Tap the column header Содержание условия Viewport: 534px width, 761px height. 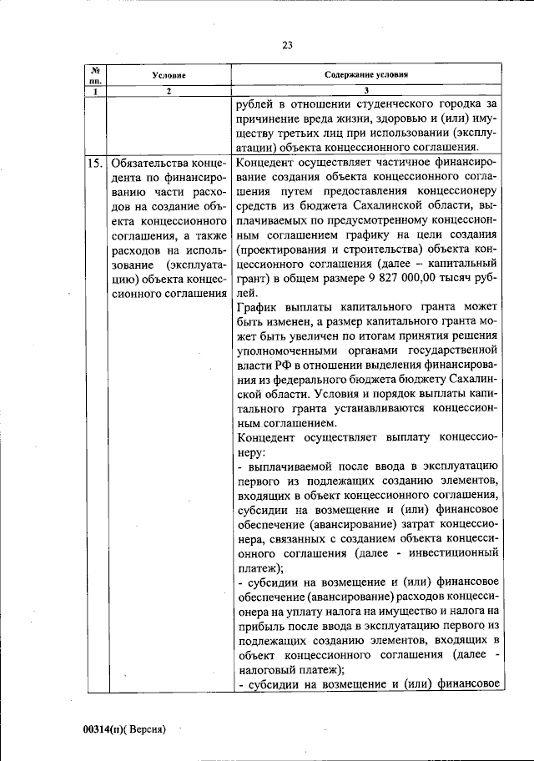[367, 75]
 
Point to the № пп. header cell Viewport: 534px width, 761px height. [96, 75]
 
